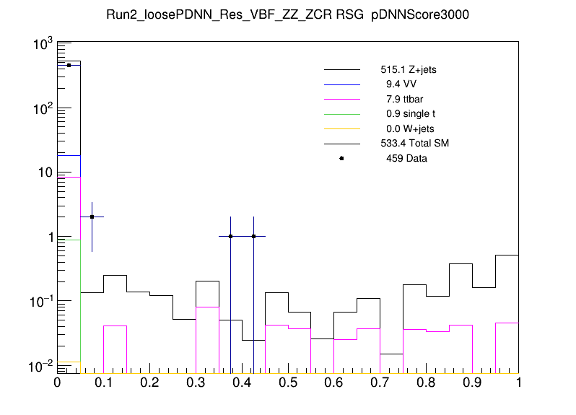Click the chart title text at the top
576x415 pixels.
coord(288,16)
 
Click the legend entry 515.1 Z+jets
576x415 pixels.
coord(409,71)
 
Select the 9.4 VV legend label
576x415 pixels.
coord(401,85)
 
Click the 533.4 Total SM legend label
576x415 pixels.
coord(414,144)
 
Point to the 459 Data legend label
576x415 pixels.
coord(406,158)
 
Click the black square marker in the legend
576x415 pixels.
coord(341,158)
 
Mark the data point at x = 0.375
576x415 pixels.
coord(230,236)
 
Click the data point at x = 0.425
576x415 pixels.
coord(253,236)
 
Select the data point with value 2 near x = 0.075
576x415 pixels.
coord(92,217)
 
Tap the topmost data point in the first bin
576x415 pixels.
coord(69,65)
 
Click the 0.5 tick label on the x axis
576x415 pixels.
coord(288,383)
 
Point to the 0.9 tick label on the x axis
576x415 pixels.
coord(473,383)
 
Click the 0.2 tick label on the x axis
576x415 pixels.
coord(149,383)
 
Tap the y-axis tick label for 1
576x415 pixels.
coord(48,237)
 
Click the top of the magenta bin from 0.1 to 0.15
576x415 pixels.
coord(115,326)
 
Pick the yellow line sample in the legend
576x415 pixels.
coord(341,128)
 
